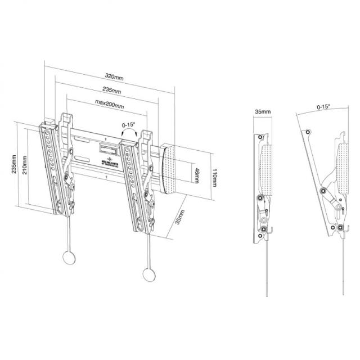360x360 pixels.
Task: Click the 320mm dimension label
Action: tap(115, 75)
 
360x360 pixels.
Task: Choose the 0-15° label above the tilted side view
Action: tap(323, 106)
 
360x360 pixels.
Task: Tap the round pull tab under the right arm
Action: tap(148, 274)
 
